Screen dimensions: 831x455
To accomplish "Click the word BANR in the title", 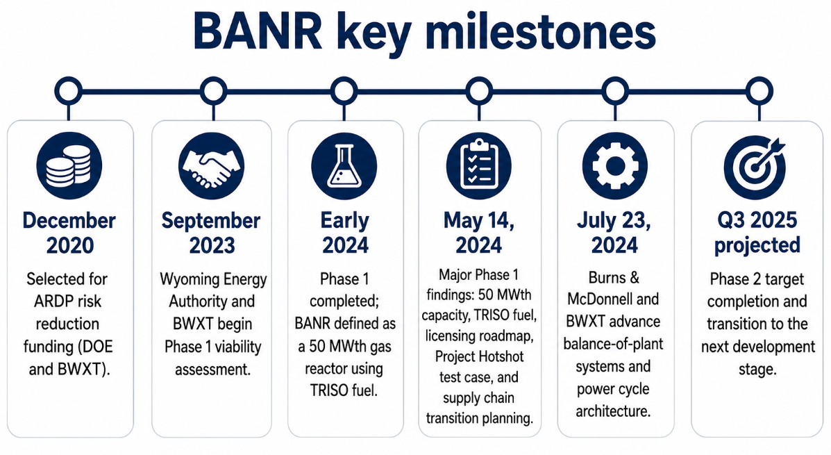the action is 258,32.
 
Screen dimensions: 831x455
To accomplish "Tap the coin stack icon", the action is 69,166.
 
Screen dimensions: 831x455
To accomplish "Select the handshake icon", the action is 212,166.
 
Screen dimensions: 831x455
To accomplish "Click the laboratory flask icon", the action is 344,166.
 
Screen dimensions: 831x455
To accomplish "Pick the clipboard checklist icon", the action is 478,166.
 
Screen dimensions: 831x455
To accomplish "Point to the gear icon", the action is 615,166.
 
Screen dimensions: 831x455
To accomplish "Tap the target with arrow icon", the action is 756,166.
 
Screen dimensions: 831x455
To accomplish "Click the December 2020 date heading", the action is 69,233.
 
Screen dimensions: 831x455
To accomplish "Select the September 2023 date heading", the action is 212,233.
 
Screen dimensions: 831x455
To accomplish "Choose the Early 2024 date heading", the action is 345,233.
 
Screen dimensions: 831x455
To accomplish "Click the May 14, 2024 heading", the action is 479,233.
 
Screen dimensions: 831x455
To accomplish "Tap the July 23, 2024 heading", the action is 614,233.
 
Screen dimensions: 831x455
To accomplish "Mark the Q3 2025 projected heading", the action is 757,233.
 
